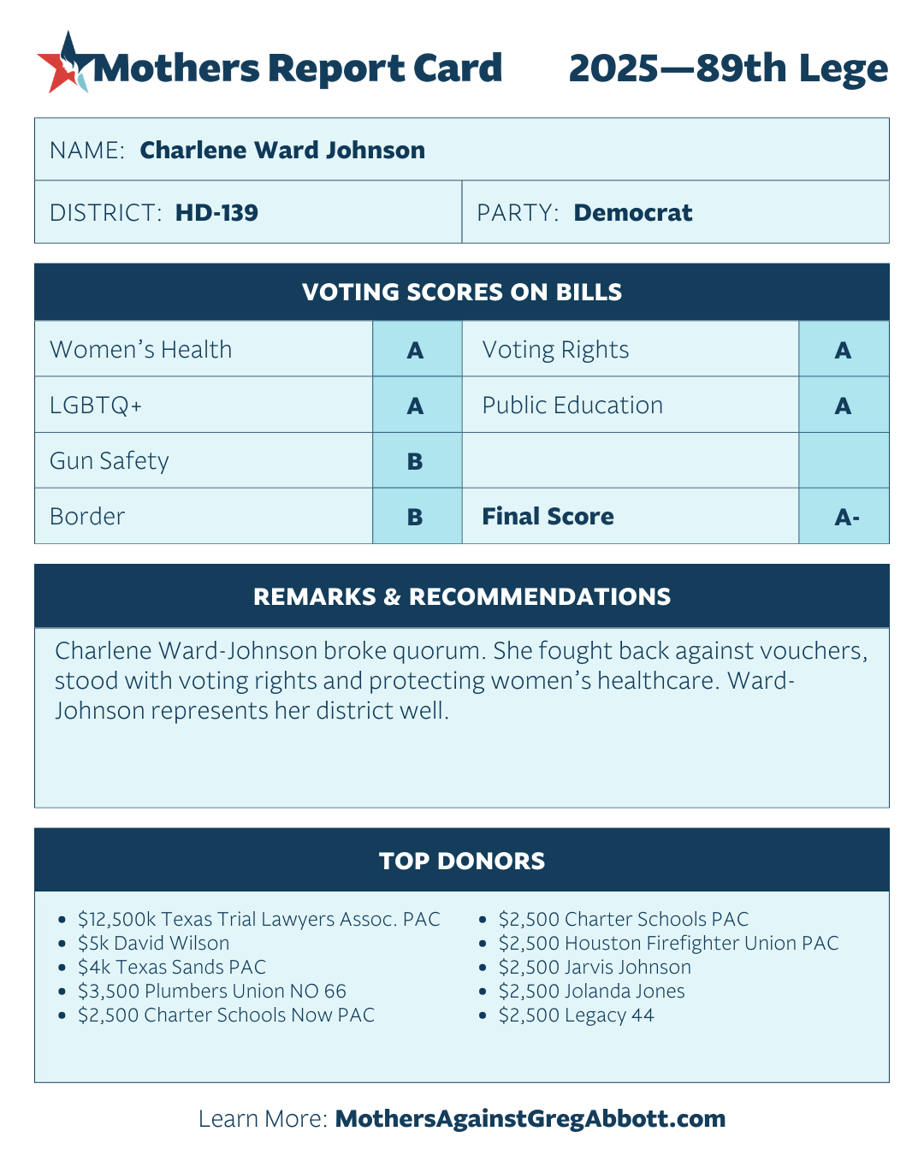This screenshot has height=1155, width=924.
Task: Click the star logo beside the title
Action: coord(63,62)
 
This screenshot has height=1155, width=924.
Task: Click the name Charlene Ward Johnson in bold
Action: coord(282,151)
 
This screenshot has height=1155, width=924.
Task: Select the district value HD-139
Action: coord(216,213)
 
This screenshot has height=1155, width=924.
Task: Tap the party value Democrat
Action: coord(632,213)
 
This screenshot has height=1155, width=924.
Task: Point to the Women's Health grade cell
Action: coord(416,350)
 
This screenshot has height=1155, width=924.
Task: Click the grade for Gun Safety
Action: coord(416,461)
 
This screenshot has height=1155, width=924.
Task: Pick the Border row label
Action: coord(87,517)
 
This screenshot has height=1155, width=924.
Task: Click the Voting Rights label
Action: coord(555,350)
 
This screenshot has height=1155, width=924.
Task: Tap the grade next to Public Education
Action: coord(844,406)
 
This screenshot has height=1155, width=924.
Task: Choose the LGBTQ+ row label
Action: coord(96,406)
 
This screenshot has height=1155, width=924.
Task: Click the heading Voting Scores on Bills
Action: coord(462,293)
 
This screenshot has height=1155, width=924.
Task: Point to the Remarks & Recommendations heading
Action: coord(462,597)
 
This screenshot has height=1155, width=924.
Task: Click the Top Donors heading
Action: coord(462,861)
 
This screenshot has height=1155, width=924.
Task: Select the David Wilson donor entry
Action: coord(154,944)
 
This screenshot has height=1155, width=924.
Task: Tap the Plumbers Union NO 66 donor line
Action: coord(212,992)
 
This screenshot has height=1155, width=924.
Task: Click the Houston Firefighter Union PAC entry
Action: coord(668,944)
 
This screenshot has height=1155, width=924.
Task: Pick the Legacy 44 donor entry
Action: coord(576,1016)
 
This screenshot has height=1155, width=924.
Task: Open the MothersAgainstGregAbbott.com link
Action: coord(530,1119)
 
